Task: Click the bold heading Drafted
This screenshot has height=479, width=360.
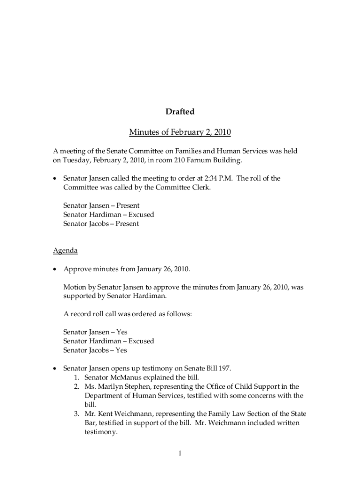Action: coord(180,112)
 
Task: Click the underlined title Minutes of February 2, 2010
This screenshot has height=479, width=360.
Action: coord(180,133)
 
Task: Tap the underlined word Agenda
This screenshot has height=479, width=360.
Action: coord(65,251)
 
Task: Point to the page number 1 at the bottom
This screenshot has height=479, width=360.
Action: coord(180,453)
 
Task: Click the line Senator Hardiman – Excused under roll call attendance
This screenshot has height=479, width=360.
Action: coord(108,215)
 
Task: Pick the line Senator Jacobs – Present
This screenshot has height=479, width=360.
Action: coord(101,224)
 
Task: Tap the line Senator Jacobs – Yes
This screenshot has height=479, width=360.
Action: coord(95,350)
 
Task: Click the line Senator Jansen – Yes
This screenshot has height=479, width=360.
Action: coord(95,332)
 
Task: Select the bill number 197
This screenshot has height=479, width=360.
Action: coord(224,369)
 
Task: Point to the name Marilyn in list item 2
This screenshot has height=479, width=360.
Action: coord(111,387)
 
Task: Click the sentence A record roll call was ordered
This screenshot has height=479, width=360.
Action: coord(128,314)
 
